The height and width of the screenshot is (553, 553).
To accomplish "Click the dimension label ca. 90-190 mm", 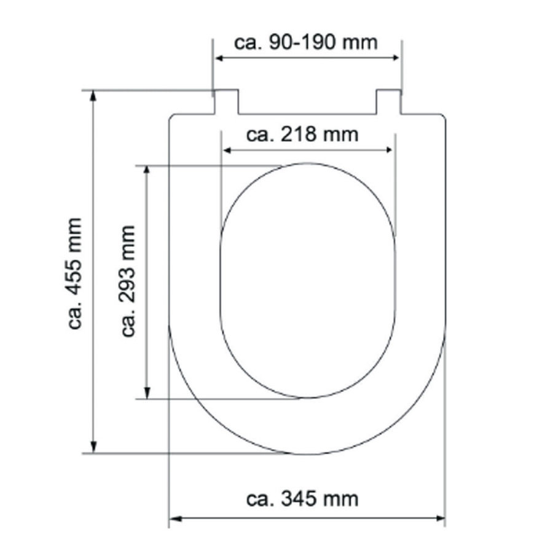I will (306, 43).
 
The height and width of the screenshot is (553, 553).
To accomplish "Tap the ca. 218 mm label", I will (302, 134).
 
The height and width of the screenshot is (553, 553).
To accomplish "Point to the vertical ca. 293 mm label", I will (128, 281).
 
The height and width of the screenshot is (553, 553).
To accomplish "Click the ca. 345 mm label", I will (302, 498).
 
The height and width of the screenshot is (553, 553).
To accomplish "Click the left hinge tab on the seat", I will (226, 101).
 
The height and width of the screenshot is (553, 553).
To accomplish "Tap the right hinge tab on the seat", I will (388, 101).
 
